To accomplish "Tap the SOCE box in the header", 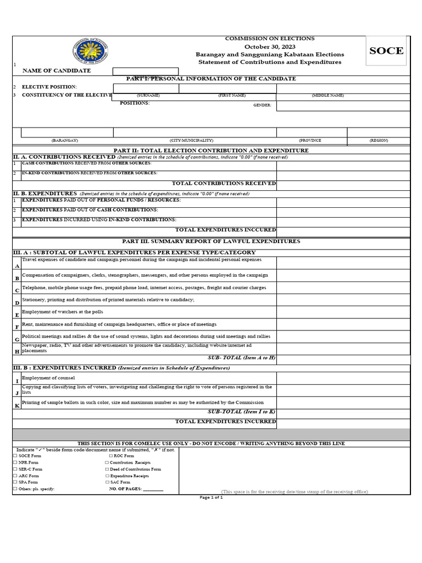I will tap(386, 51).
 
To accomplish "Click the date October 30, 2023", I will tap(270, 47).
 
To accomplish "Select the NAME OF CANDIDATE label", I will tap(57, 71).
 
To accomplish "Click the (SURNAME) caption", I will tap(148, 96).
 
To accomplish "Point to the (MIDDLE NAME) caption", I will tap(327, 96).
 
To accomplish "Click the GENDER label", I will tap(262, 105).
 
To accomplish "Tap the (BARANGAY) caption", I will tap(64, 141).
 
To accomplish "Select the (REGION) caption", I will tap(379, 141).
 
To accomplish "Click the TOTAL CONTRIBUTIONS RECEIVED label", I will tap(224, 184).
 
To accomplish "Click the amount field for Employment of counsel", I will tap(343, 378).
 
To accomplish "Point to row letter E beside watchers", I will tap(17, 315).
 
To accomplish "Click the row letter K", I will tap(17, 405).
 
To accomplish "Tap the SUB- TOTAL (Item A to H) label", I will tap(241, 358).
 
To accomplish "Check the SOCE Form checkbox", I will tap(15, 456).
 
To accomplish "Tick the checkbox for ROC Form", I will tap(111, 456).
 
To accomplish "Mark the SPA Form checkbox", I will tap(15, 482).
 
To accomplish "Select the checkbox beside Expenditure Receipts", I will tap(107, 476).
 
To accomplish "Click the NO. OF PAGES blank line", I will tap(153, 489).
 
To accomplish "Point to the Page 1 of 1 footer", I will tap(211, 497).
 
